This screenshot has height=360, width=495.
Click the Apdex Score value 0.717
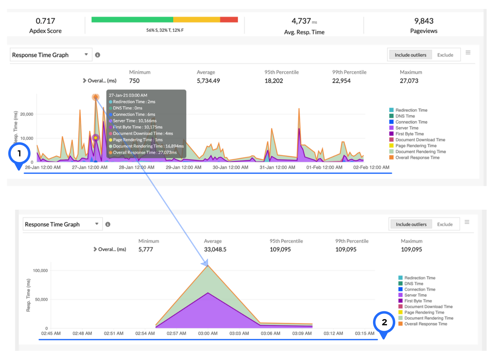click(x=45, y=21)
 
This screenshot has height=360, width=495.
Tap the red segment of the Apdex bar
click(x=229, y=20)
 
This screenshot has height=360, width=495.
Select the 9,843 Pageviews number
click(x=424, y=21)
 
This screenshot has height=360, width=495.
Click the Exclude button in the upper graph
click(x=445, y=55)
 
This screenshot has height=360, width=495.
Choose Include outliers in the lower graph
click(x=411, y=224)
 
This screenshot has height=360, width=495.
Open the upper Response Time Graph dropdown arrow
click(x=86, y=54)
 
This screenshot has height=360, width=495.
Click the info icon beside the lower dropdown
click(x=108, y=224)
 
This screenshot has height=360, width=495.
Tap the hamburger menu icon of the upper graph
click(x=468, y=53)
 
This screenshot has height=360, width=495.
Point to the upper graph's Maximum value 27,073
click(x=409, y=81)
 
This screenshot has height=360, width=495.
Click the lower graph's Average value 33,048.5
click(x=215, y=249)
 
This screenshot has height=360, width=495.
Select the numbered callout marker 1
click(x=19, y=154)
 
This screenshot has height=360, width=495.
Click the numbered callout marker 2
click(x=384, y=322)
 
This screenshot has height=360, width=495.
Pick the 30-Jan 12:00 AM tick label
click(x=230, y=167)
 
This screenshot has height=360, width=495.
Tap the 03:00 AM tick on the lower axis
click(x=208, y=334)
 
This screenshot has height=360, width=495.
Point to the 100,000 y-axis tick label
click(x=40, y=271)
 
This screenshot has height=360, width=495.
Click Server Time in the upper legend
click(x=407, y=128)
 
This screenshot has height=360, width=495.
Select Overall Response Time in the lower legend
click(x=426, y=324)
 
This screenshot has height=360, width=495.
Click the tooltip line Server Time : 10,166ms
click(x=134, y=121)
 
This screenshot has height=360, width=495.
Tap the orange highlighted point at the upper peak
click(x=95, y=97)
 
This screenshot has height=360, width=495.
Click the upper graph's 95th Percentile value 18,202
click(x=274, y=81)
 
